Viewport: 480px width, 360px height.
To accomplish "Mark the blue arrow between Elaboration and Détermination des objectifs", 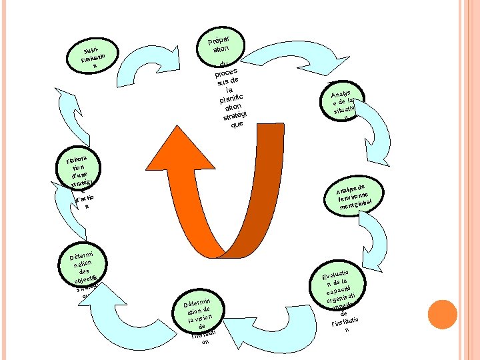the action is point(66,227).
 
